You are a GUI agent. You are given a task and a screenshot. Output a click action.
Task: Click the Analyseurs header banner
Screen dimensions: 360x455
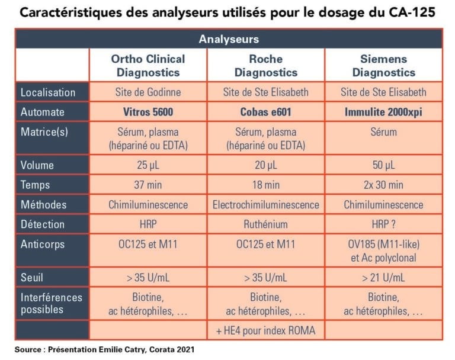[x=228, y=39]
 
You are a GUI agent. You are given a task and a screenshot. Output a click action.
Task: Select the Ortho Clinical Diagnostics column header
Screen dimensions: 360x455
[x=148, y=66]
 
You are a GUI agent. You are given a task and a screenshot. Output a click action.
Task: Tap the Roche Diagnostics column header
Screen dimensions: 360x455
[x=266, y=66]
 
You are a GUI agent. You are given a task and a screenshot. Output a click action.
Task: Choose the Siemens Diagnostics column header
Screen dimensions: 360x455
[x=383, y=66]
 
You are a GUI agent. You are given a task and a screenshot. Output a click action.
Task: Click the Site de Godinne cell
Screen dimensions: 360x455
[x=148, y=92]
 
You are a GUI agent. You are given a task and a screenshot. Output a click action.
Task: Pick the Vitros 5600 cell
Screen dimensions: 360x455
[x=148, y=112]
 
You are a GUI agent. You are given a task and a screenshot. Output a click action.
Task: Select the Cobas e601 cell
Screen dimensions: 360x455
[x=266, y=112]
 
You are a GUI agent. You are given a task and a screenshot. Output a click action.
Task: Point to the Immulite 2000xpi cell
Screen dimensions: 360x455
[x=383, y=112]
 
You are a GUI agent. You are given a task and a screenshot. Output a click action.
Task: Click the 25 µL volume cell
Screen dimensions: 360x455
[x=148, y=165]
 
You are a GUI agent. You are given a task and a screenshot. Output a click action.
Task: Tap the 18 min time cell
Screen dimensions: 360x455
[x=266, y=185]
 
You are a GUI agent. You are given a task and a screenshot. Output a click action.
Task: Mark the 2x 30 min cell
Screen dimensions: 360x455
[x=383, y=185]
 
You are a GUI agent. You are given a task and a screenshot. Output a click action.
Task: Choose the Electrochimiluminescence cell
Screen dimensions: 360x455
[x=266, y=205]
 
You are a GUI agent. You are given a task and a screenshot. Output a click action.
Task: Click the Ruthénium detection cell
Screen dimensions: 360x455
[x=266, y=224]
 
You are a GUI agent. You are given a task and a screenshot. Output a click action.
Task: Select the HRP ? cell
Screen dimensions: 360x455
[x=383, y=224]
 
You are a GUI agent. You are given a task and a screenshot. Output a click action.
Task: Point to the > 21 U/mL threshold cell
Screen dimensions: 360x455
[x=383, y=277]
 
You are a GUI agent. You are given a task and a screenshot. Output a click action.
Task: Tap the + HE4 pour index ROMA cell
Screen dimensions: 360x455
[x=266, y=330]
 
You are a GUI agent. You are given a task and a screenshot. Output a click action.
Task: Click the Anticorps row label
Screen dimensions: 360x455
[x=42, y=244]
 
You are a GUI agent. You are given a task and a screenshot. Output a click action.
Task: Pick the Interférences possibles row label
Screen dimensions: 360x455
[x=51, y=303]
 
